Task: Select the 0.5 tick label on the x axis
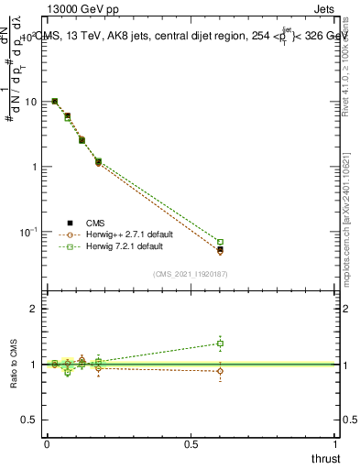click(x=191, y=443)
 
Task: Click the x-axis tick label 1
click(x=336, y=443)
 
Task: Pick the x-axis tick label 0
click(x=47, y=443)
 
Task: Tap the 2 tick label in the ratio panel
click(x=35, y=309)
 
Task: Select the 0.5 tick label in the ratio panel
click(x=30, y=420)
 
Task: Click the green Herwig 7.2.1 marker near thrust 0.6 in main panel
click(x=220, y=242)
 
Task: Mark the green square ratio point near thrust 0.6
click(x=220, y=344)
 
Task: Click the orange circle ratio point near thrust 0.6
click(x=220, y=371)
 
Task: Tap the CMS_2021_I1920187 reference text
click(x=190, y=274)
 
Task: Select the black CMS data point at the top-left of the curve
click(x=55, y=101)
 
